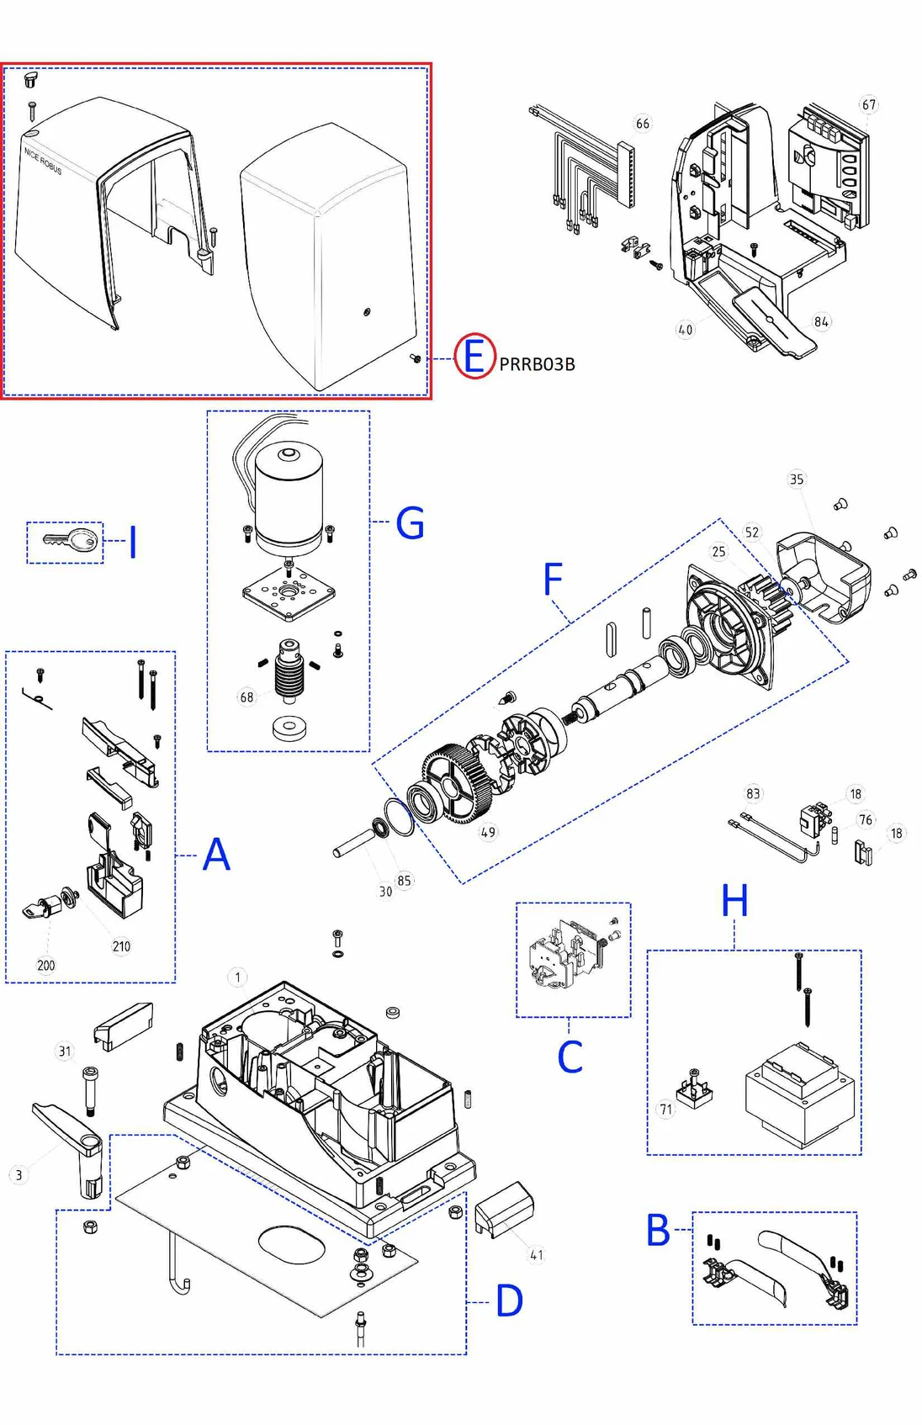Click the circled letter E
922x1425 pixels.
tap(474, 357)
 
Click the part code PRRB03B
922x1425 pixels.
tap(537, 364)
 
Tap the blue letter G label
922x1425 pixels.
tap(410, 523)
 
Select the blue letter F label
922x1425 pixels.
tap(552, 580)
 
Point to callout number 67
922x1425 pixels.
tap(868, 105)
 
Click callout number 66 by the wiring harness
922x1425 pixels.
tap(642, 124)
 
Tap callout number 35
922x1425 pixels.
tap(796, 479)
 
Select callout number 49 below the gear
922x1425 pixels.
tap(488, 832)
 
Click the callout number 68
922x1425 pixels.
tap(246, 697)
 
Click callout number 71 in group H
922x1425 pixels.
tap(665, 1110)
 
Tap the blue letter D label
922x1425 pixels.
tap(510, 1301)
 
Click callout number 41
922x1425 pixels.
tap(536, 1255)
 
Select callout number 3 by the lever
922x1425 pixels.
tap(19, 1175)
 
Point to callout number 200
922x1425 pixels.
tap(45, 965)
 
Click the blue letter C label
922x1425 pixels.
tap(570, 1057)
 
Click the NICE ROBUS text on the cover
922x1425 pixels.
tap(43, 161)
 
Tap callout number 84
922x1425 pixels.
tap(821, 321)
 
